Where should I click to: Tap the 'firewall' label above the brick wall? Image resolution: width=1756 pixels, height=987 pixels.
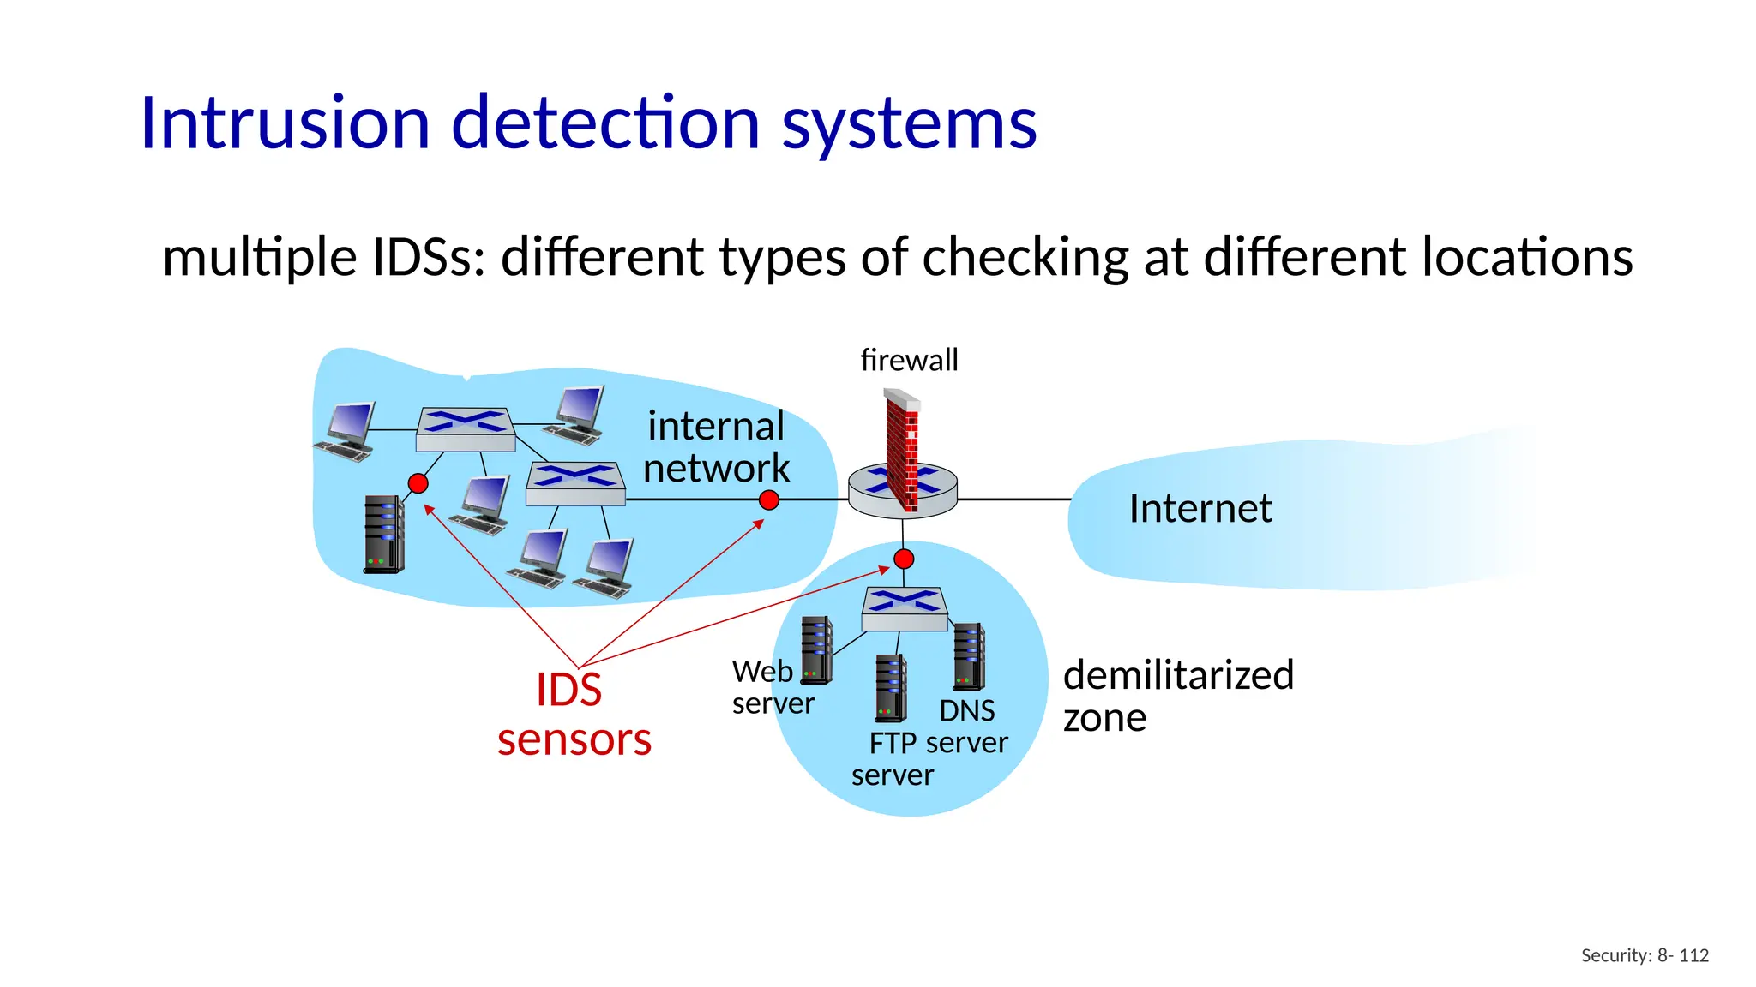pos(909,360)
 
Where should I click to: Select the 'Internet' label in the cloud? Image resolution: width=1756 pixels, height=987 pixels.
pos(1200,509)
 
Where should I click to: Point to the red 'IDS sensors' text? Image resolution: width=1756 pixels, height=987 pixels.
pos(573,714)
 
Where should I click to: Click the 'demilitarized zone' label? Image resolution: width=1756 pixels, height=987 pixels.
pos(1176,695)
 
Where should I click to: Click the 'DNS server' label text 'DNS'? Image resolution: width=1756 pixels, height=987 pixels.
pos(966,711)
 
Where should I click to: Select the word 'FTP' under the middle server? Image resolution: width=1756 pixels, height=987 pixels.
pos(893,743)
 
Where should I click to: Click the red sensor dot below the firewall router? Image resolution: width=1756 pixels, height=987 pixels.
pos(904,559)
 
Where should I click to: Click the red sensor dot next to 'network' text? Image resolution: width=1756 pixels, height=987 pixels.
pos(769,500)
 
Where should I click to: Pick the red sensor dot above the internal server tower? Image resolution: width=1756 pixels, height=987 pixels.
pos(418,483)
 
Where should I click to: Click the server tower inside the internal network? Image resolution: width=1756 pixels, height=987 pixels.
pos(384,535)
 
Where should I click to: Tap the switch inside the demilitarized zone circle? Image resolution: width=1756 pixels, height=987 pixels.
pos(905,609)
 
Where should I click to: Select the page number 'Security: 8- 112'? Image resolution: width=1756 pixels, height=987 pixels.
pos(1644,955)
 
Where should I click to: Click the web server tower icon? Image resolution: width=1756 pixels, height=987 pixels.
pos(816,650)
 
